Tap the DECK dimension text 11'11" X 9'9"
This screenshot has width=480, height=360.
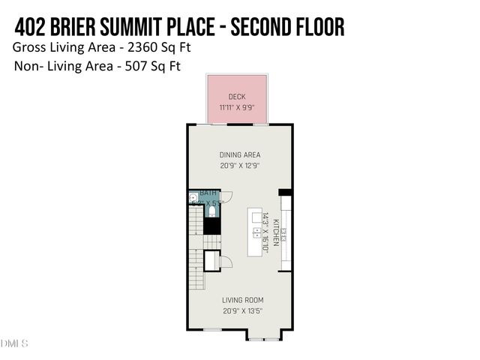[x=237, y=108]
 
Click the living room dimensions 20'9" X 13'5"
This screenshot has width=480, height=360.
[x=242, y=311]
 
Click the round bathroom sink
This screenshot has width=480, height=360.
[x=193, y=199]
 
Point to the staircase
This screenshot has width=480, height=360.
[x=194, y=236]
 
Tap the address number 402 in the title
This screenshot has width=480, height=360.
[x=30, y=27]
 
